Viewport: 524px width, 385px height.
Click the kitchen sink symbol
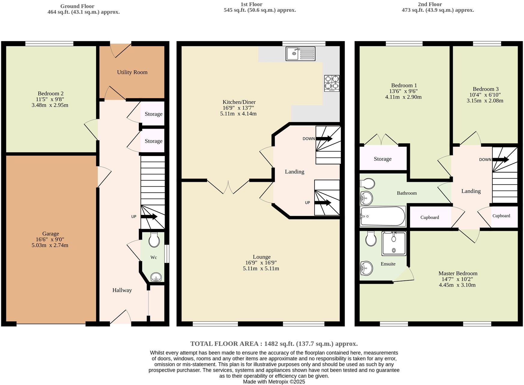[300, 54]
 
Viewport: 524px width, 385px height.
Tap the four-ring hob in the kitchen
[332, 83]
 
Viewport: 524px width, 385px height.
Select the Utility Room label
[132, 72]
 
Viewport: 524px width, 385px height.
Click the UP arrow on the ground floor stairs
[149, 217]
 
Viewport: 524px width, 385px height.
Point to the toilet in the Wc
[154, 240]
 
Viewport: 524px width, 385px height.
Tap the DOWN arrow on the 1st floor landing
[324, 139]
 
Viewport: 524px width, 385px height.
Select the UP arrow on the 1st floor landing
[323, 203]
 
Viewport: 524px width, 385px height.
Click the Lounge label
[261, 257]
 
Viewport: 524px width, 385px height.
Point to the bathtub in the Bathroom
[383, 216]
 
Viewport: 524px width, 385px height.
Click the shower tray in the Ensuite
[394, 243]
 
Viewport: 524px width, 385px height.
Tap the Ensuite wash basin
[366, 268]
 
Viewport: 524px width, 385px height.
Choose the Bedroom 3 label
[486, 89]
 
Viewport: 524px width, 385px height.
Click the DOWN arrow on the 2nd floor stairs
[501, 160]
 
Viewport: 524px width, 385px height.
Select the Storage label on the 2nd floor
[382, 159]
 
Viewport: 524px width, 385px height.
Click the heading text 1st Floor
[251, 4]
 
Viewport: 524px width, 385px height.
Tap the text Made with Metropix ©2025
[274, 382]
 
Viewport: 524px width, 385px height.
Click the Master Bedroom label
[458, 273]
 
